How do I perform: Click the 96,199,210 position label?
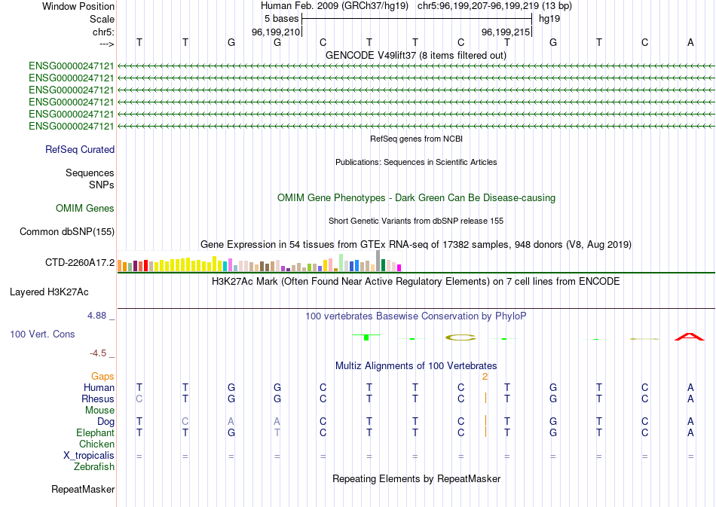276,32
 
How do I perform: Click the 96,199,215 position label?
505,32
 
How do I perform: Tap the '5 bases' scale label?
280,19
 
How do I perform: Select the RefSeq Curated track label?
80,150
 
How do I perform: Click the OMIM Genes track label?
85,209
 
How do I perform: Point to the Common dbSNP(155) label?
66,232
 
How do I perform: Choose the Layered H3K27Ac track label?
60,292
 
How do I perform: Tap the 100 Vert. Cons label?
42,334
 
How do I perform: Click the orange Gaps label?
103,376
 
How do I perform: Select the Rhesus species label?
98,399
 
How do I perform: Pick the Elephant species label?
95,433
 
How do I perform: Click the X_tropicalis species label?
89,456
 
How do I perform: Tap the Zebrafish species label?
94,467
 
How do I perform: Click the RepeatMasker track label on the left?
83,490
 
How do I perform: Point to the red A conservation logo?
690,336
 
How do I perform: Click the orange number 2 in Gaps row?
485,376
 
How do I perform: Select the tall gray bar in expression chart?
378,260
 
